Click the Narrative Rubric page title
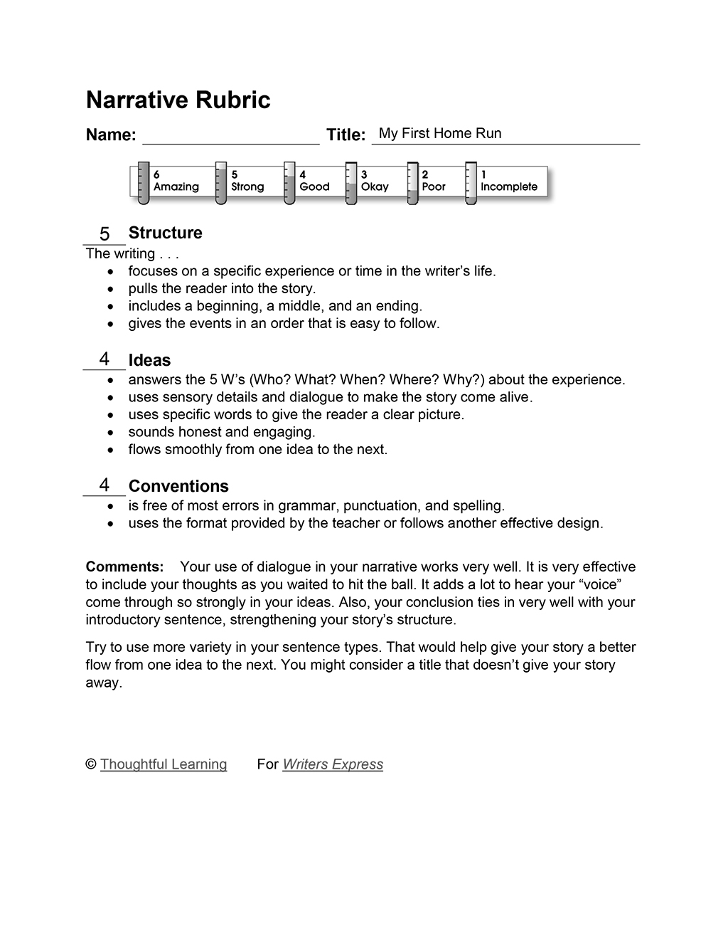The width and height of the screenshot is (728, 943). pyautogui.click(x=178, y=100)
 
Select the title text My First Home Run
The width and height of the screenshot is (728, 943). pyautogui.click(x=440, y=133)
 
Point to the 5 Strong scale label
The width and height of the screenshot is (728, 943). pyautogui.click(x=247, y=181)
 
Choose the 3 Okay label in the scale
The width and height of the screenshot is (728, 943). pyautogui.click(x=374, y=181)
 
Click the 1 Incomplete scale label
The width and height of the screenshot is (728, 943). pyautogui.click(x=508, y=181)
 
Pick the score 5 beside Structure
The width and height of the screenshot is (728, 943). pyautogui.click(x=105, y=234)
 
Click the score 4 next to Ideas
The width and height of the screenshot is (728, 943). pyautogui.click(x=105, y=359)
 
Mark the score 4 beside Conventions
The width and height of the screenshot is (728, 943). pyautogui.click(x=105, y=485)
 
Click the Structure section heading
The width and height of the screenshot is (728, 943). pyautogui.click(x=165, y=233)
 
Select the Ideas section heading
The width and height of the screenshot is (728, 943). pyautogui.click(x=149, y=360)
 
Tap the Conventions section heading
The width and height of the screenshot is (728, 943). pyautogui.click(x=178, y=486)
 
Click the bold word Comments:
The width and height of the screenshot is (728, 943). pyautogui.click(x=124, y=567)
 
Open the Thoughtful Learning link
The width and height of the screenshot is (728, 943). pyautogui.click(x=164, y=764)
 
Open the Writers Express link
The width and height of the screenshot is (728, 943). pyautogui.click(x=333, y=764)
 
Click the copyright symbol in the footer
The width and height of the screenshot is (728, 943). pyautogui.click(x=91, y=764)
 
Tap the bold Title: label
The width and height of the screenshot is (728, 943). pyautogui.click(x=346, y=135)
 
